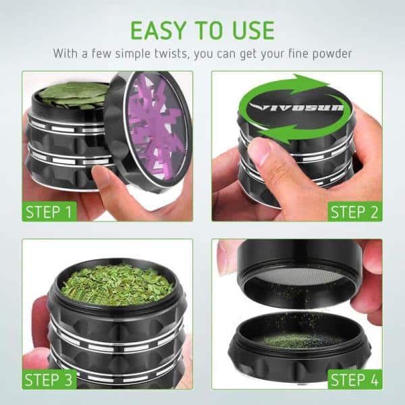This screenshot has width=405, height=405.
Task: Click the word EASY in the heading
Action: tap(159, 30)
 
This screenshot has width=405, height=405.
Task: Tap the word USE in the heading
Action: tap(253, 30)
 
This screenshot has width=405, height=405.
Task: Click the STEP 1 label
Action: tap(49, 212)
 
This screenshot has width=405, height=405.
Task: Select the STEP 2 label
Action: tap(354, 212)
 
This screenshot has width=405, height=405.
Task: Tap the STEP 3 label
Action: tap(49, 379)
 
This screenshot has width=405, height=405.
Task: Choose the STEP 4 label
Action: tap(354, 379)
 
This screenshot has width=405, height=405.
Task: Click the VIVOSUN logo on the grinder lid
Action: tap(296, 107)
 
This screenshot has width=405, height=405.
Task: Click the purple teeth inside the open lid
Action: tap(156, 127)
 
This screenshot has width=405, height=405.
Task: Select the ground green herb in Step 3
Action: tap(117, 285)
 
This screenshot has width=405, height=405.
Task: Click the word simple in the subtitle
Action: tap(132, 54)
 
